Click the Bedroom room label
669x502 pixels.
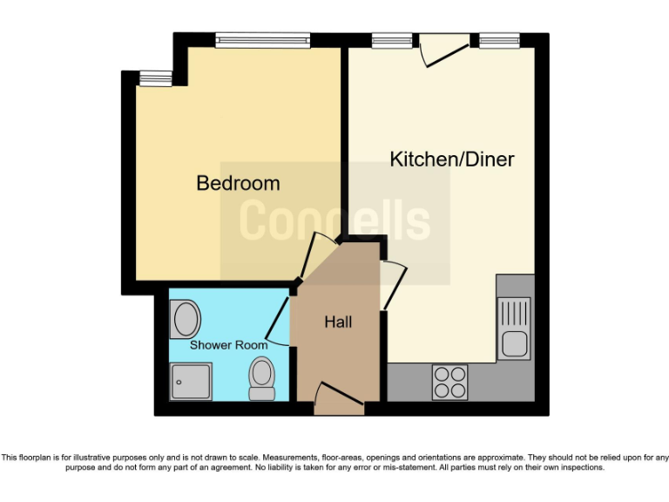click(238, 183)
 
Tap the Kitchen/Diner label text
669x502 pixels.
click(451, 159)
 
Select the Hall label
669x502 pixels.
click(338, 322)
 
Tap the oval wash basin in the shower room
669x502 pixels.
click(186, 319)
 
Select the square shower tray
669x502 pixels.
click(191, 382)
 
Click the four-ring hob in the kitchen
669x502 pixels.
click(449, 381)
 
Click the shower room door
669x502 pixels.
click(279, 322)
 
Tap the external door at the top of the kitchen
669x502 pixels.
click(443, 51)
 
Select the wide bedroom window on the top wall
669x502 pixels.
click(263, 38)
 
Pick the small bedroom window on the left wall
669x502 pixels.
click(156, 78)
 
